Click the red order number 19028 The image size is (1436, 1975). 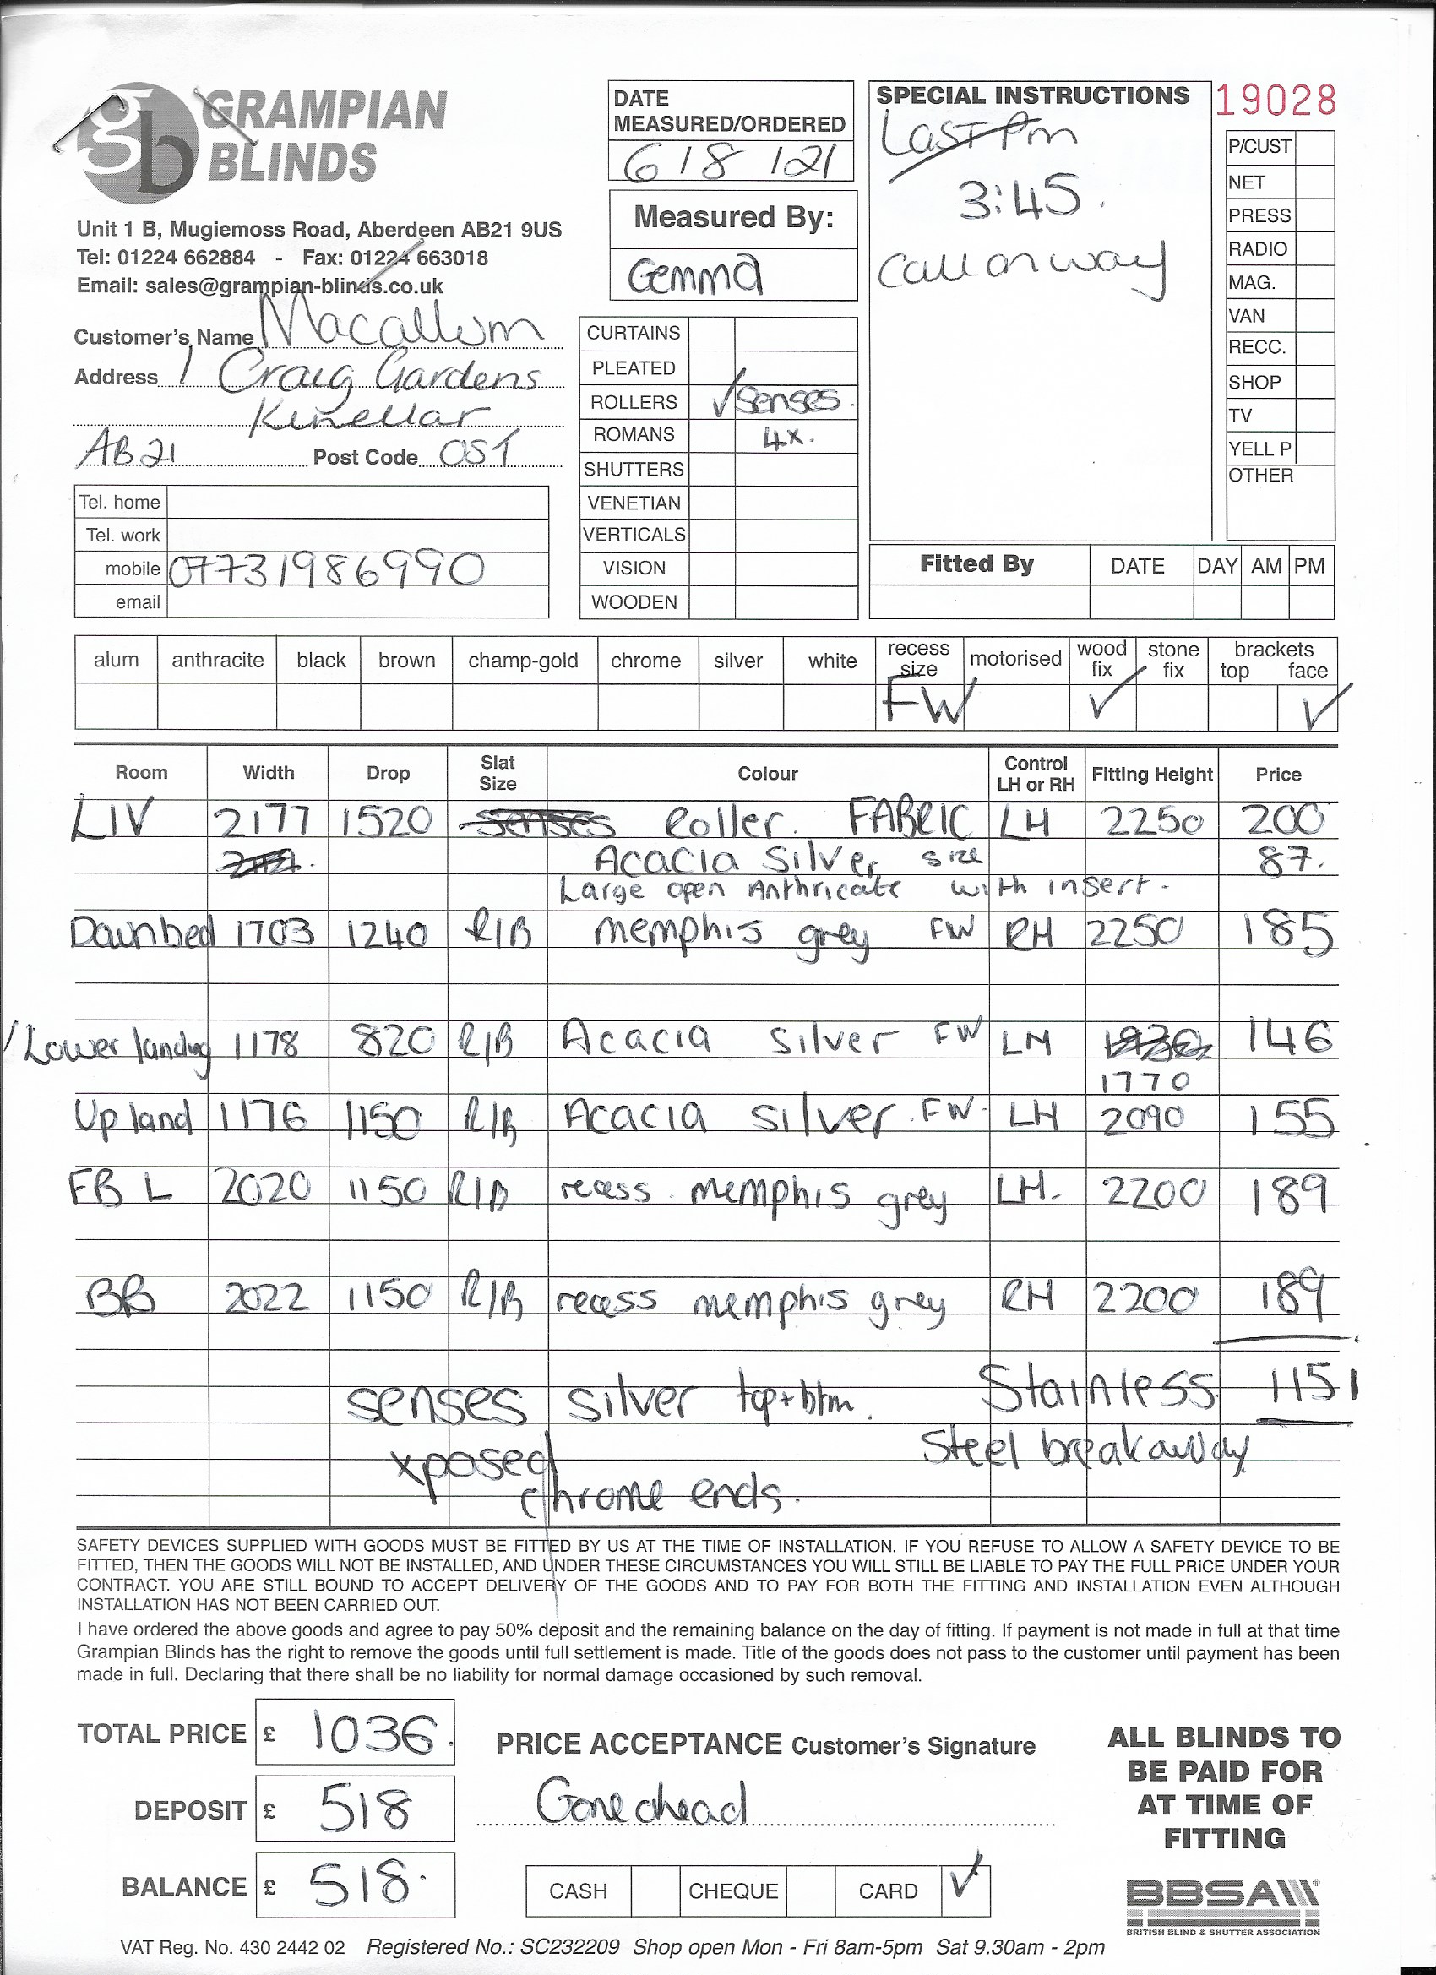1275,102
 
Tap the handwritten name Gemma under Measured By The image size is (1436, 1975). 695,277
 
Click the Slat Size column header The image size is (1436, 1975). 498,772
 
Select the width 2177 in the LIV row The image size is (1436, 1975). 262,821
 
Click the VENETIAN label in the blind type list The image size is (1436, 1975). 634,503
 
